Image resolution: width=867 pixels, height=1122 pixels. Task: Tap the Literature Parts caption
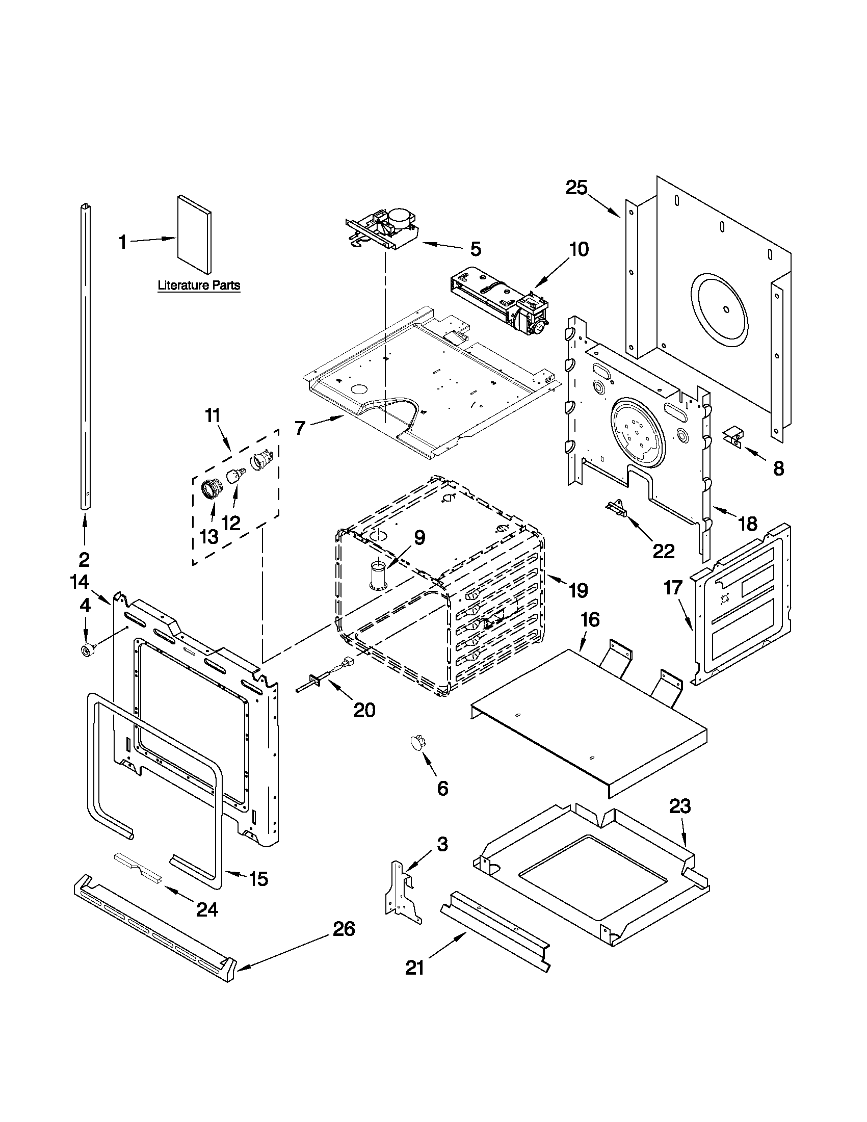pyautogui.click(x=199, y=285)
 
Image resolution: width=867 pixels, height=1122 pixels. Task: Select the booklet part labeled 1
pyautogui.click(x=194, y=235)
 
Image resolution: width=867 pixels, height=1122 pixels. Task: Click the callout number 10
pyautogui.click(x=579, y=250)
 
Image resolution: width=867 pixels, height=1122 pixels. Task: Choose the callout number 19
pyautogui.click(x=579, y=590)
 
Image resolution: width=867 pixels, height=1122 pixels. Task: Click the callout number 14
pyautogui.click(x=80, y=582)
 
